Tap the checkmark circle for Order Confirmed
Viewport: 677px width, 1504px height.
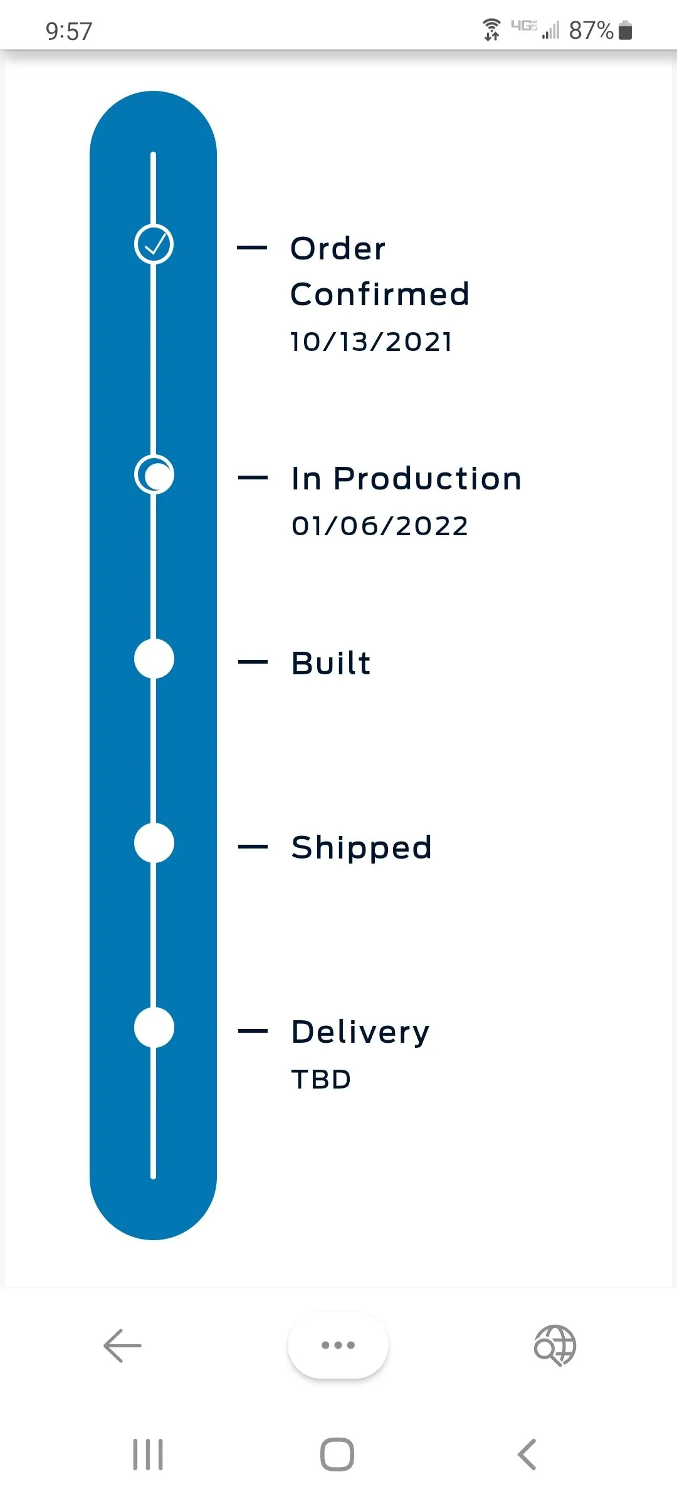coord(154,244)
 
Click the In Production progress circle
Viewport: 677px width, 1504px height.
coord(154,474)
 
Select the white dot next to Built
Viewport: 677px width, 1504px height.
coord(154,659)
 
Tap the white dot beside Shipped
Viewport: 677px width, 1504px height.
coord(154,843)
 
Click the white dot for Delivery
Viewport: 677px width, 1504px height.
coord(154,1027)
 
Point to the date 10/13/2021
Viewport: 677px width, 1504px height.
coord(371,342)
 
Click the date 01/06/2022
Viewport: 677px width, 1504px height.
coord(380,526)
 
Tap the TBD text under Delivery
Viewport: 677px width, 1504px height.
coord(321,1080)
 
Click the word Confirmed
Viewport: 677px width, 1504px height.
coord(380,294)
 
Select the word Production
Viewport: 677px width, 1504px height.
coord(428,479)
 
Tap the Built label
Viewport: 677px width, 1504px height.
coord(331,662)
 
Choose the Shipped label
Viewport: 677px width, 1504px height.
coord(362,848)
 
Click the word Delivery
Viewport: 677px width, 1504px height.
coord(360,1032)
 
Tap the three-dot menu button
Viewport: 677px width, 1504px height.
coord(338,1345)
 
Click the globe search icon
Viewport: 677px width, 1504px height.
coord(555,1345)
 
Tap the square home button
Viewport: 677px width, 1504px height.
coord(337,1454)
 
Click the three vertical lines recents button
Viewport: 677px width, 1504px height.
coord(148,1454)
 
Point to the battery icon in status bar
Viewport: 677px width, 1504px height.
coord(625,30)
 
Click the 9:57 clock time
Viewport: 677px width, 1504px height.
coord(69,31)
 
